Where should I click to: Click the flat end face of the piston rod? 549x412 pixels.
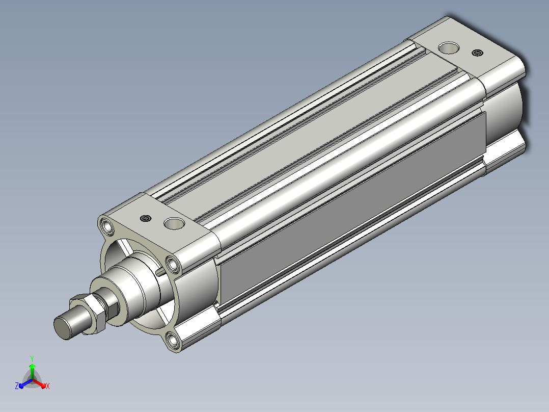coord(62,328)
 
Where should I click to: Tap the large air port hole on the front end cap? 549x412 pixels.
coord(174,223)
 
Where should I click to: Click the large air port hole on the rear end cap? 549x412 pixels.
coord(449,48)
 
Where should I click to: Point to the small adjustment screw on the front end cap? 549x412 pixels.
coord(146,218)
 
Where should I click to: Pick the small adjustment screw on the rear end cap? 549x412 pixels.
coord(477,53)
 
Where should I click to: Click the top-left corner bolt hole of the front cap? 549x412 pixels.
coord(106,226)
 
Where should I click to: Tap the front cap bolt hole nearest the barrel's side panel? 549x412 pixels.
coord(173,264)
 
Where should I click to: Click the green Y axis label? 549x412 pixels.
coord(32,358)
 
